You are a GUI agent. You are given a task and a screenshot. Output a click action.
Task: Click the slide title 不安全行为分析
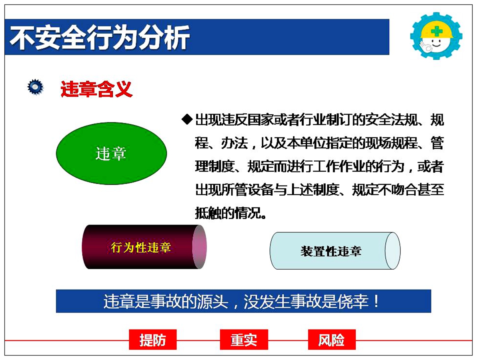(100, 38)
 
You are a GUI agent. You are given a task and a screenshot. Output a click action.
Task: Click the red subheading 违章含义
(96, 89)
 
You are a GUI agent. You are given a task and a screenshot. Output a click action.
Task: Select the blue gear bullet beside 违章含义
(35, 87)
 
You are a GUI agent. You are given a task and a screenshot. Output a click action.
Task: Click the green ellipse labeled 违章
(111, 153)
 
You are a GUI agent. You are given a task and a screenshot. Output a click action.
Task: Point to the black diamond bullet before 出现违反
(187, 119)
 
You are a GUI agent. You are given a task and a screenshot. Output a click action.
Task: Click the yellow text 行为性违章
(141, 248)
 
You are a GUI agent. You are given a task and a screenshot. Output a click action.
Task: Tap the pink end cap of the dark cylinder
(199, 247)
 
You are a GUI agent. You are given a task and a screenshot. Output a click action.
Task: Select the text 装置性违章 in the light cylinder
(331, 251)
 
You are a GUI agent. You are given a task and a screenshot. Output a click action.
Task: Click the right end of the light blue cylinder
(393, 251)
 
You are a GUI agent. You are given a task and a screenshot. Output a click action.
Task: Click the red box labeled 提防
(153, 340)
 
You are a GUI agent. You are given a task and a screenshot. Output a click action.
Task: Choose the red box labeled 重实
(244, 340)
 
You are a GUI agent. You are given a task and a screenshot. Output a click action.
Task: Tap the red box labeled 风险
(332, 340)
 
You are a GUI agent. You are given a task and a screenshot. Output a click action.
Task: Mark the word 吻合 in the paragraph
(405, 190)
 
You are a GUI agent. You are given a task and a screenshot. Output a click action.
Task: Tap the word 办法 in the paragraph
(234, 143)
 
